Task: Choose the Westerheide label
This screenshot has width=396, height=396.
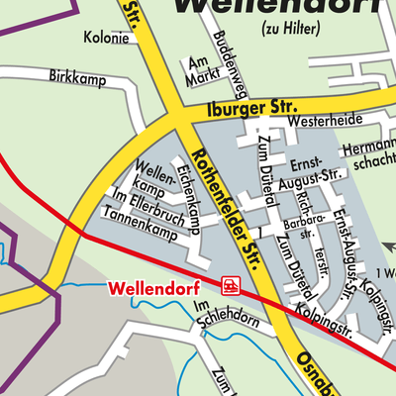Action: coord(318,121)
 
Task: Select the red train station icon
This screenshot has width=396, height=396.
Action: coord(230,287)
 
